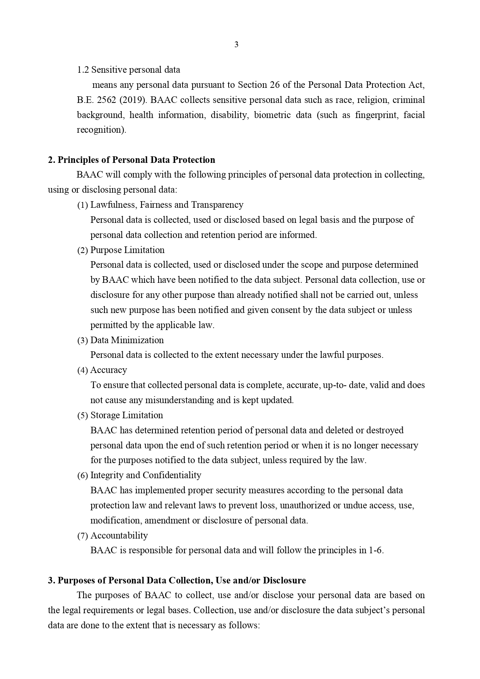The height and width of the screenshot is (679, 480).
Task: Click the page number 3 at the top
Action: point(236,45)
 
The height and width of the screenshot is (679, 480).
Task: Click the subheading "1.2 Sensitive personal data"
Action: point(128,70)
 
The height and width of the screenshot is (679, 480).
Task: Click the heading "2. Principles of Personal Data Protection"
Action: point(132,160)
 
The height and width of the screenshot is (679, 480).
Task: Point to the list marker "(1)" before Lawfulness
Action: point(83,205)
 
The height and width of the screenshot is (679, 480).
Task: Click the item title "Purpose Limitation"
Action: point(127,250)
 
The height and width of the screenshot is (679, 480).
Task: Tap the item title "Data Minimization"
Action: point(127,340)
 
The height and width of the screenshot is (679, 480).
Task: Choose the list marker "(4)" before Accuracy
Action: point(83,370)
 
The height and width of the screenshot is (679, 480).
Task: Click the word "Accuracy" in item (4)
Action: point(109,370)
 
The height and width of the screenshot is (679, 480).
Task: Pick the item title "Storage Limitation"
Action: point(126,416)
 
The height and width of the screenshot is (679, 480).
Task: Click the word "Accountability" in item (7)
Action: point(119,536)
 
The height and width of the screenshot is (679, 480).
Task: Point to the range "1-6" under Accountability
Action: point(376,551)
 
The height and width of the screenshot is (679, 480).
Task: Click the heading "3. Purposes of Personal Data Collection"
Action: point(177,581)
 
